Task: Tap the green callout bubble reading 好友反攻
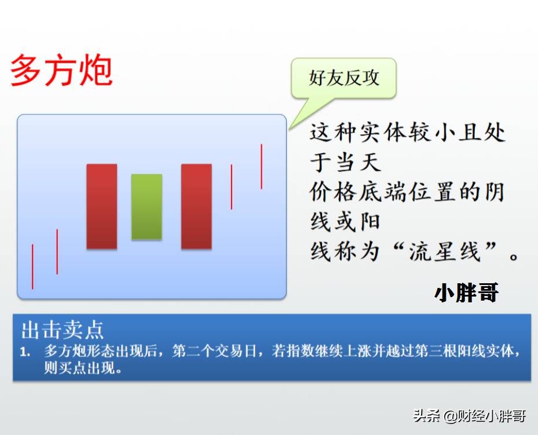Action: pyautogui.click(x=344, y=78)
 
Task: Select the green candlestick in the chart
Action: pyautogui.click(x=147, y=207)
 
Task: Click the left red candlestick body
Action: pyautogui.click(x=102, y=206)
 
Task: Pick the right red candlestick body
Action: pyautogui.click(x=196, y=206)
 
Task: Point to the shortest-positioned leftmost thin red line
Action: pyautogui.click(x=32, y=266)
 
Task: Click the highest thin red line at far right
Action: pyautogui.click(x=261, y=166)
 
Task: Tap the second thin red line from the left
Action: pyautogui.click(x=57, y=251)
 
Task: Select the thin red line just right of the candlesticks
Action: pyautogui.click(x=232, y=187)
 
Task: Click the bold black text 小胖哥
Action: pyautogui.click(x=467, y=293)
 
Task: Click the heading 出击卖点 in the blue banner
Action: pyautogui.click(x=63, y=330)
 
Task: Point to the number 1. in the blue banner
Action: pyautogui.click(x=25, y=352)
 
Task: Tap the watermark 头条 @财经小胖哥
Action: pyautogui.click(x=470, y=416)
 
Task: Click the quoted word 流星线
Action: pyautogui.click(x=445, y=251)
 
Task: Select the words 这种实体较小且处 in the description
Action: pyautogui.click(x=408, y=132)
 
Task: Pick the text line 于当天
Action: pyautogui.click(x=346, y=162)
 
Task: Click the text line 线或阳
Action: pyautogui.click(x=345, y=222)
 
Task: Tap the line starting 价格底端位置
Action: pyautogui.click(x=407, y=192)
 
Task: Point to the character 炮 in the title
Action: pyautogui.click(x=96, y=70)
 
